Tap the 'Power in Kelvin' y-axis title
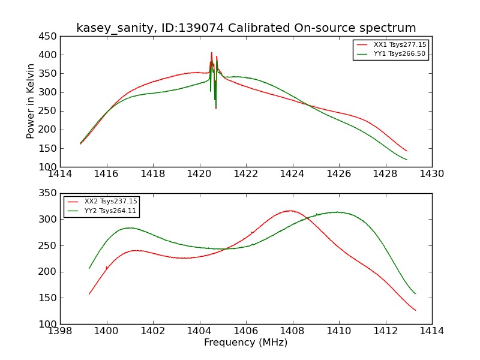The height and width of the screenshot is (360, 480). point(31,101)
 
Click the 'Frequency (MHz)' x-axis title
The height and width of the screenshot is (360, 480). point(246,343)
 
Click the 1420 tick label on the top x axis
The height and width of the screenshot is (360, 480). point(199,174)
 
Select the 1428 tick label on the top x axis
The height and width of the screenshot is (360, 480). point(385,174)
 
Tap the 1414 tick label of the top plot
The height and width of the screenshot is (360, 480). point(60,174)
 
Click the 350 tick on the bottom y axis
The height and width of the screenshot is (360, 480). point(49,193)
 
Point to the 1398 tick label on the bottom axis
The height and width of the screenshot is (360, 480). point(60,331)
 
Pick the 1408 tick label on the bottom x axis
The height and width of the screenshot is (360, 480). point(292,331)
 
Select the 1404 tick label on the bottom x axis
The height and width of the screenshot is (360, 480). point(199,331)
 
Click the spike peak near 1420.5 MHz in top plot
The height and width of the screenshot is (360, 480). point(211,53)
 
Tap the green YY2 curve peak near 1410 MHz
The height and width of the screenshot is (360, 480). point(338,212)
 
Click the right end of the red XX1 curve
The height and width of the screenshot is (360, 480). point(407,151)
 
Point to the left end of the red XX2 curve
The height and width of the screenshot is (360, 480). point(89,294)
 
